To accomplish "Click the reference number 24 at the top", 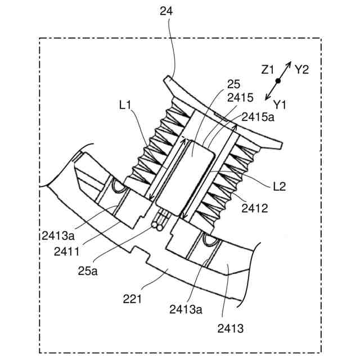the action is click(x=166, y=11).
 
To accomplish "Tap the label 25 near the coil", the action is click(x=233, y=84).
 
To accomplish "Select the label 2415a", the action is click(x=258, y=117).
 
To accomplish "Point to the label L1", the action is click(x=125, y=105).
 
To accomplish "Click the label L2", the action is click(x=280, y=187).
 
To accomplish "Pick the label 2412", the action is click(x=255, y=208).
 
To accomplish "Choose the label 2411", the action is click(x=66, y=251).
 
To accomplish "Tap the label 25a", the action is click(x=88, y=271).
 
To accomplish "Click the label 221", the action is click(x=132, y=299).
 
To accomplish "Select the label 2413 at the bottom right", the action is click(x=231, y=328).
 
